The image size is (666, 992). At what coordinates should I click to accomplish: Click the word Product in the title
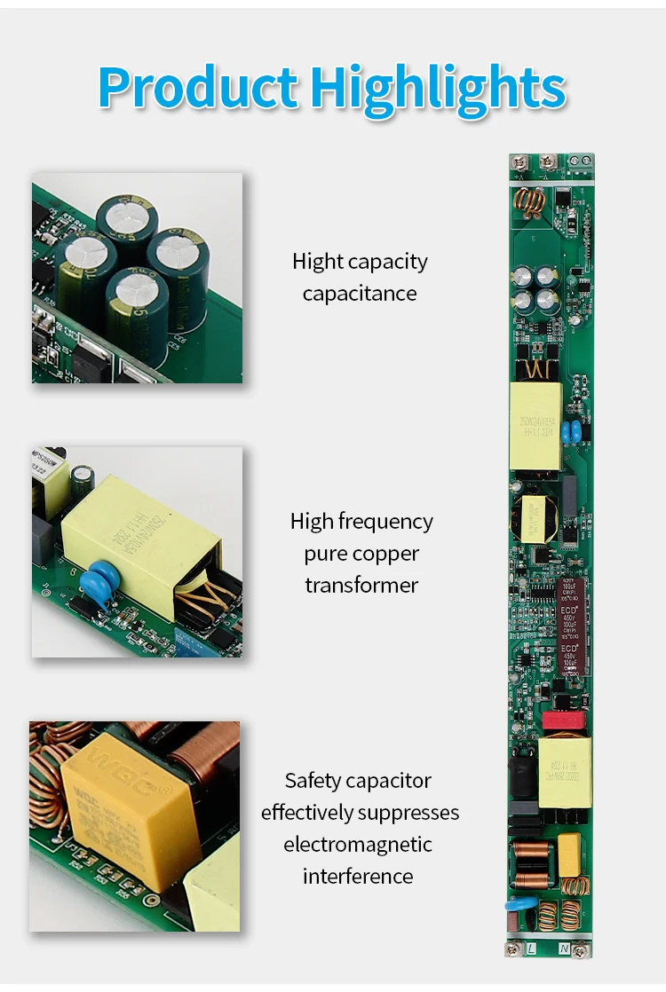tap(198, 88)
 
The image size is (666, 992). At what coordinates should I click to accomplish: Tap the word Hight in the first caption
tap(317, 262)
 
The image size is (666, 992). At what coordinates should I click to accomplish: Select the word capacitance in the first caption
tap(360, 294)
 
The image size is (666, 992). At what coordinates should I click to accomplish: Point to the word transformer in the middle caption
tap(361, 585)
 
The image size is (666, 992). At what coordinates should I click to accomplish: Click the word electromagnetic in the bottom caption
tap(358, 844)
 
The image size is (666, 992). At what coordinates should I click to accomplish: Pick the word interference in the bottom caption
tap(358, 876)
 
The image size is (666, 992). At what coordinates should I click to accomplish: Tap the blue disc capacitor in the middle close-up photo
tap(94, 587)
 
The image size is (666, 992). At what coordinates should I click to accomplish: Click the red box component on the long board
tap(559, 720)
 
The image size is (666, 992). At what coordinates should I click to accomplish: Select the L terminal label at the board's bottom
tap(532, 948)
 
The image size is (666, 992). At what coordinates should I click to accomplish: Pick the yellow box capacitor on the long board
tap(568, 854)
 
